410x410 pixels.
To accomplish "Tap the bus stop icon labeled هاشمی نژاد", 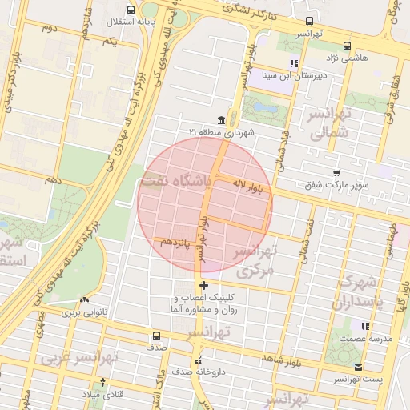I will pos(346,46).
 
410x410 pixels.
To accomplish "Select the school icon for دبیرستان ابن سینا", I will pos(294,62).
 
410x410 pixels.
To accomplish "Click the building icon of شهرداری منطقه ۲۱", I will pos(220,120).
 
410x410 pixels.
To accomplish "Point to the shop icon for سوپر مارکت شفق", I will pos(336,172).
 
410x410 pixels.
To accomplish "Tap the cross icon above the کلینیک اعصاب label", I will pos(204,285).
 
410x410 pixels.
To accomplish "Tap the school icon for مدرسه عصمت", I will pos(366,326).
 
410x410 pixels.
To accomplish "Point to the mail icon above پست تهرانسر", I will pos(357,368).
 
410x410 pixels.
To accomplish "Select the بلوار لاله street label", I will pos(251,187).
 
